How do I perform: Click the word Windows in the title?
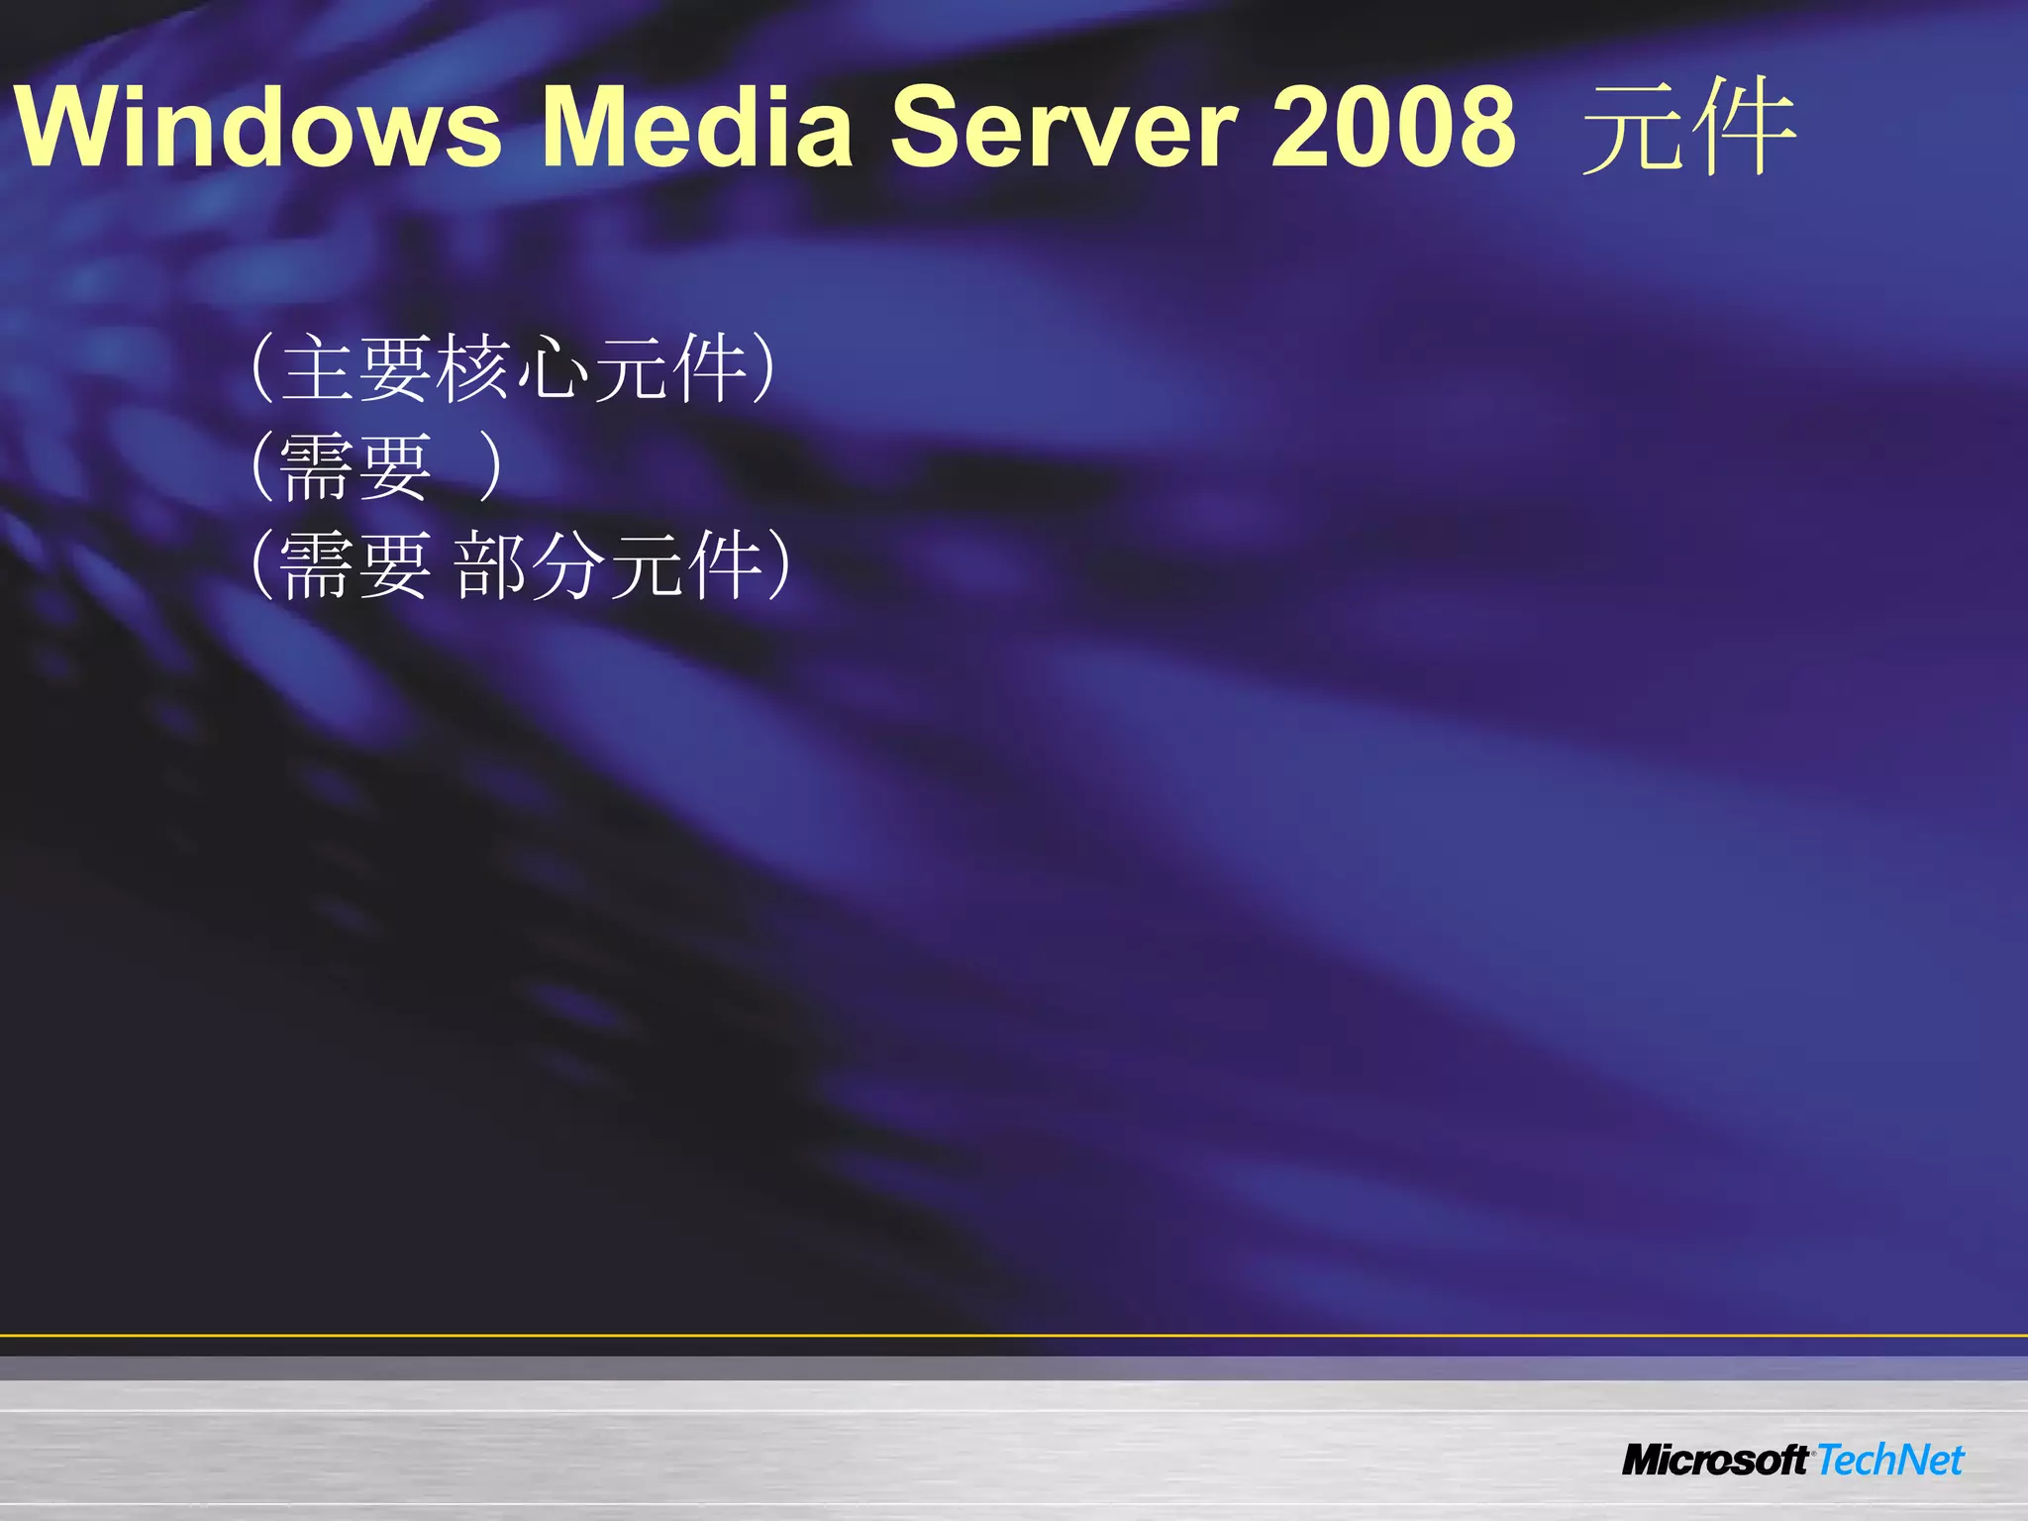tap(258, 127)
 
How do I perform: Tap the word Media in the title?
tap(697, 127)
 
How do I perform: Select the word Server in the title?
tap(1064, 127)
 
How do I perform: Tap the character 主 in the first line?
tap(319, 367)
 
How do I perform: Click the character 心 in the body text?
tap(551, 367)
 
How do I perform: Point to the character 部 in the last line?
tap(492, 564)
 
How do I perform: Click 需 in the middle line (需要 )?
tap(317, 466)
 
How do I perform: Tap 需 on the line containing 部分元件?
tap(317, 564)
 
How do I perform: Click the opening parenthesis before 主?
tap(261, 367)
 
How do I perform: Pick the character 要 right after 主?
tap(395, 367)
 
